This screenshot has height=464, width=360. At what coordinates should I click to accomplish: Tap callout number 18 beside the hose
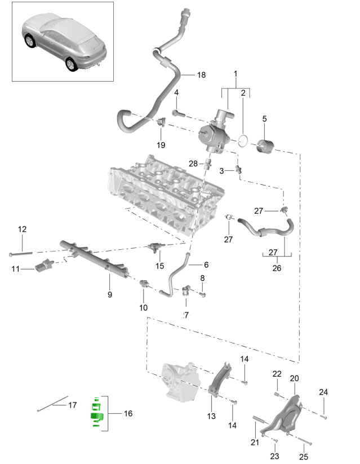(x=202, y=74)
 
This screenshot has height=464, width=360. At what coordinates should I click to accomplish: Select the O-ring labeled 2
(x=243, y=140)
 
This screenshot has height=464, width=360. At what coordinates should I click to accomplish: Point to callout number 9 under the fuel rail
(x=110, y=294)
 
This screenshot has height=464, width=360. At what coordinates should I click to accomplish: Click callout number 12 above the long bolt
(x=22, y=229)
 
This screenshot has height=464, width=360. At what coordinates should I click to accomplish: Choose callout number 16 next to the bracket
(x=128, y=414)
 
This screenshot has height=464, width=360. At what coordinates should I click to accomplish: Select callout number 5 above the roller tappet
(x=265, y=118)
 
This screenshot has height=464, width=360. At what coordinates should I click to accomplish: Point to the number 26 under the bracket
(x=277, y=268)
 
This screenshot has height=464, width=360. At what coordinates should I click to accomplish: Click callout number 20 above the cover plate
(x=295, y=378)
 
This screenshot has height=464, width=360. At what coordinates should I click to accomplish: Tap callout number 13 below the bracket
(x=211, y=416)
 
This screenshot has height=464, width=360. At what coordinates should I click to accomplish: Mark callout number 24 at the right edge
(x=323, y=392)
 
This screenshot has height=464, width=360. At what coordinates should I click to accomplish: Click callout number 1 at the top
(x=235, y=74)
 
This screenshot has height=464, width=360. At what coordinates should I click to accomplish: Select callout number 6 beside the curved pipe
(x=206, y=264)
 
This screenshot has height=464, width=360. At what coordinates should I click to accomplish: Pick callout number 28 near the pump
(x=193, y=163)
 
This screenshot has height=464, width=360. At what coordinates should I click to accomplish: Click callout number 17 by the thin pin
(x=72, y=405)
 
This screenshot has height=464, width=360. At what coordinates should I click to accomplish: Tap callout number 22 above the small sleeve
(x=277, y=374)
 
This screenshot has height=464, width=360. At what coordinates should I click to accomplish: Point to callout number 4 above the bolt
(x=176, y=92)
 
